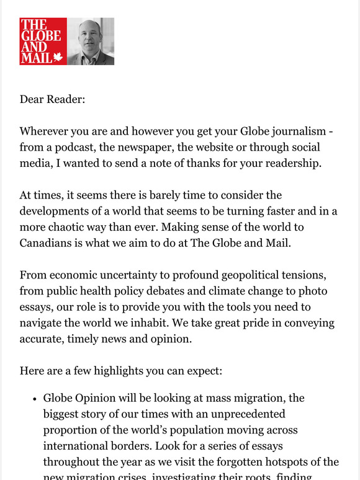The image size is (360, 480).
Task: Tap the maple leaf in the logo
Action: pyautogui.click(x=58, y=57)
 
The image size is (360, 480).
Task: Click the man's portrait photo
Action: pyautogui.click(x=91, y=42)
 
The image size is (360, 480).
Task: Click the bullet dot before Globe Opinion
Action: pyautogui.click(x=34, y=398)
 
